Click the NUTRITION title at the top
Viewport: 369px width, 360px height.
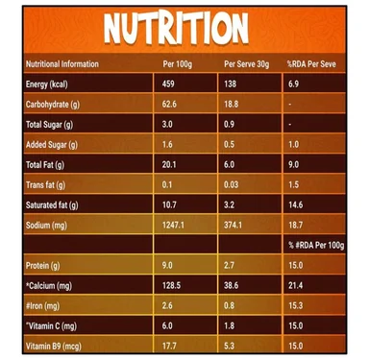pyautogui.click(x=176, y=29)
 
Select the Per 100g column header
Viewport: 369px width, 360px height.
pyautogui.click(x=178, y=64)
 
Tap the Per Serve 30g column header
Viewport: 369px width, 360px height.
pyautogui.click(x=247, y=64)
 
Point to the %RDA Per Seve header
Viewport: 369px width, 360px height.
pyautogui.click(x=311, y=64)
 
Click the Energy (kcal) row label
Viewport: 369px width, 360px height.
pyautogui.click(x=47, y=84)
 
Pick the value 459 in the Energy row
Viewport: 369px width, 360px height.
pyautogui.click(x=168, y=84)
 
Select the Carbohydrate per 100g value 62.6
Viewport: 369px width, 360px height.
pyautogui.click(x=169, y=104)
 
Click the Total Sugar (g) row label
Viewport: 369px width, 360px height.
pyautogui.click(x=49, y=125)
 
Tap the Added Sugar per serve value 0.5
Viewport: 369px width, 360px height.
pyautogui.click(x=230, y=144)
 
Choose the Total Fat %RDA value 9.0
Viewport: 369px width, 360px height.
pyautogui.click(x=294, y=164)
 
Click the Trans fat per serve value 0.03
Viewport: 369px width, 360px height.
pyautogui.click(x=232, y=184)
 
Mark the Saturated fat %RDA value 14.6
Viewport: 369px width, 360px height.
pyautogui.click(x=296, y=204)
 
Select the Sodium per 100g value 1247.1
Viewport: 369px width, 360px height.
pyautogui.click(x=173, y=225)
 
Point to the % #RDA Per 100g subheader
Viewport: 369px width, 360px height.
pyautogui.click(x=316, y=246)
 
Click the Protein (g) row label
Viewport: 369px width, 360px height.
pyautogui.click(x=43, y=266)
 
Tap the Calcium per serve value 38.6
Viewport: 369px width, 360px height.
pyautogui.click(x=232, y=285)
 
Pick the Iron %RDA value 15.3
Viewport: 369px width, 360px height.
pyautogui.click(x=296, y=305)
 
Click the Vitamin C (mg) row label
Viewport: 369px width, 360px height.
pyautogui.click(x=52, y=326)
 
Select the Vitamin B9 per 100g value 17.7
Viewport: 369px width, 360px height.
pyautogui.click(x=169, y=346)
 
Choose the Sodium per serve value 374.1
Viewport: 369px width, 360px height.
pyautogui.click(x=234, y=225)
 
